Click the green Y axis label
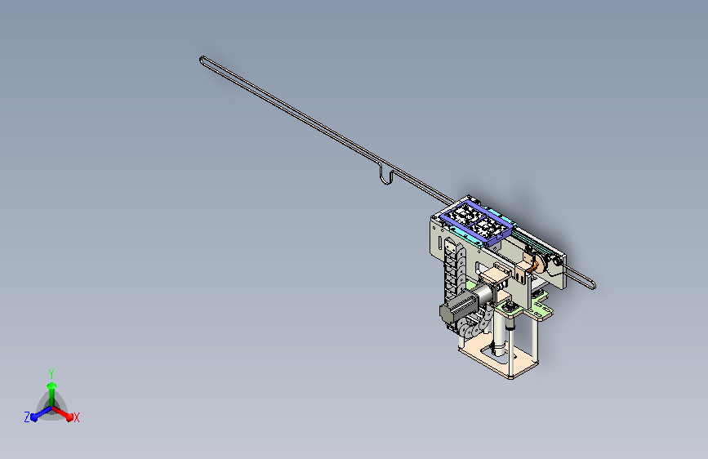(51, 373)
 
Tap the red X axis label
(76, 417)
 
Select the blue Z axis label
(27, 417)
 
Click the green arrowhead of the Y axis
(51, 386)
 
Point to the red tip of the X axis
(69, 417)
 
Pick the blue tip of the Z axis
(33, 418)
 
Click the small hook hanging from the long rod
(385, 176)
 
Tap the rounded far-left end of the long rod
(203, 60)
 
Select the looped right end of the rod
(590, 284)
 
